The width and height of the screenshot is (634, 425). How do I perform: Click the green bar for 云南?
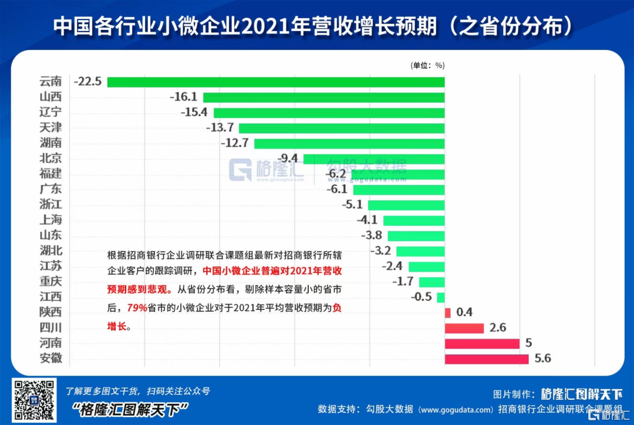click(276, 82)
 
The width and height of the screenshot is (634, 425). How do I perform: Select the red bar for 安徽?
click(487, 359)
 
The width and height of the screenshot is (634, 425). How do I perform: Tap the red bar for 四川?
click(464, 328)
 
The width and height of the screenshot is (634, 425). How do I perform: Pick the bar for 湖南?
click(349, 143)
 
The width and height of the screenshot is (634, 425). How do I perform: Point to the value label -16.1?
click(183, 97)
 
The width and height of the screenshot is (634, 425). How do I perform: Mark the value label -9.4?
click(288, 158)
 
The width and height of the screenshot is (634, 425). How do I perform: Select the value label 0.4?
click(464, 312)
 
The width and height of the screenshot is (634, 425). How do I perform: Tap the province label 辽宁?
click(50, 112)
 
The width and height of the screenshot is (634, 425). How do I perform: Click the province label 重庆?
click(50, 281)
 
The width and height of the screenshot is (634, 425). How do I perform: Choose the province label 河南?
click(50, 343)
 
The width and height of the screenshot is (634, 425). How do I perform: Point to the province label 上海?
click(50, 220)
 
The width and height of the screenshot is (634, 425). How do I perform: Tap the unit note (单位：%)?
click(427, 66)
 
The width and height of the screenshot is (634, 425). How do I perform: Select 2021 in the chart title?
click(268, 26)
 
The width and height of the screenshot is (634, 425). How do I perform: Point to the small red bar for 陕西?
click(448, 312)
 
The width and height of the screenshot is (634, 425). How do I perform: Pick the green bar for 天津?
click(342, 128)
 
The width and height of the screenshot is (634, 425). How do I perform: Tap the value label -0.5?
click(421, 297)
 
